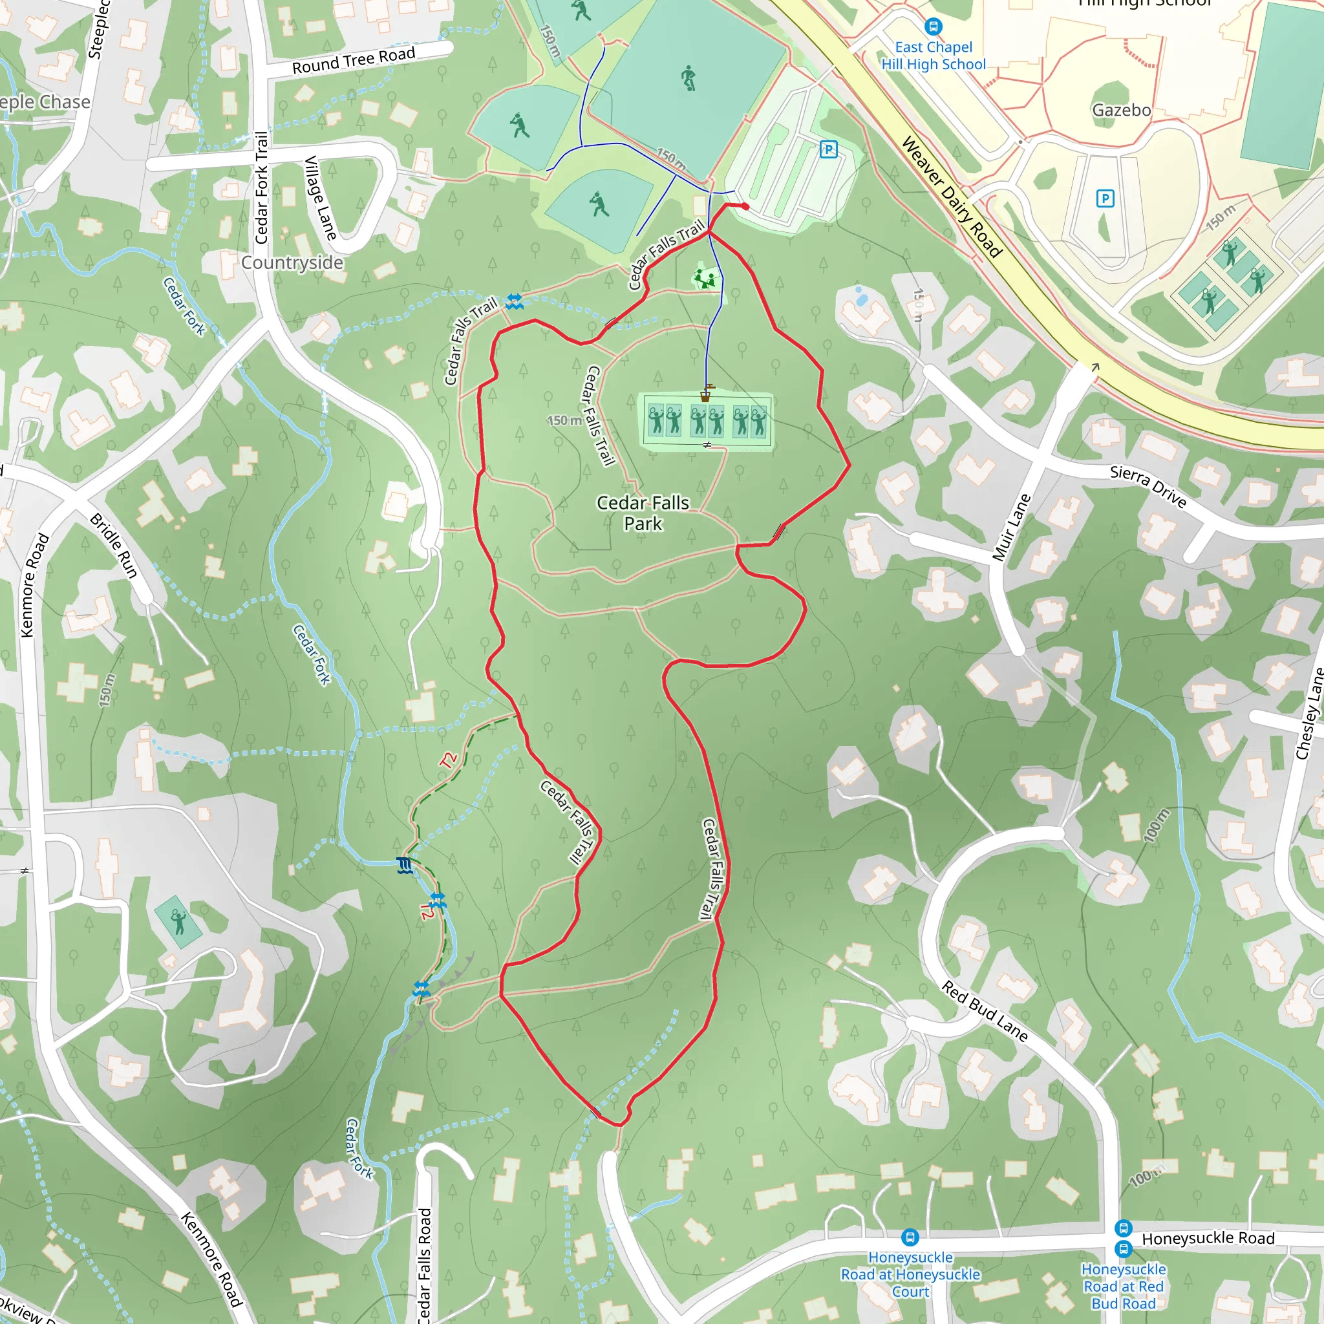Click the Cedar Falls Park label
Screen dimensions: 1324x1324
point(642,513)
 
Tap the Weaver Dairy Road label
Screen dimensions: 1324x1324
point(951,197)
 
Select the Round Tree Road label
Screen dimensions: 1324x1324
point(354,59)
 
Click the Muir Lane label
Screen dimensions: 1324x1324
point(1012,528)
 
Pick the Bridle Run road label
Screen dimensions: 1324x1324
point(114,546)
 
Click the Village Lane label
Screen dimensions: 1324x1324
point(320,198)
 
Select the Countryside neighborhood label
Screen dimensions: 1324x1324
point(292,263)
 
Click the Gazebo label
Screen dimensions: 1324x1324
point(1121,111)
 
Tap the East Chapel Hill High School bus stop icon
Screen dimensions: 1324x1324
point(933,27)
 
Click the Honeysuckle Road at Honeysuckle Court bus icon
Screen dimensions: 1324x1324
point(910,1237)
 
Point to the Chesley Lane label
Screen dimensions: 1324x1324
point(1309,712)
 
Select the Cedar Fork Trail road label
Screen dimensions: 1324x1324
point(262,187)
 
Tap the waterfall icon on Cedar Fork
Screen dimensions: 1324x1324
point(405,866)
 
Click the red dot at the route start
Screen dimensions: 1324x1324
point(745,206)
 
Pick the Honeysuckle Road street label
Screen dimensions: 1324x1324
point(1208,1238)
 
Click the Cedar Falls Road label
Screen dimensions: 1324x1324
point(425,1265)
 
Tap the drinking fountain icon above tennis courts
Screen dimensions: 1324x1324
point(706,393)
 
